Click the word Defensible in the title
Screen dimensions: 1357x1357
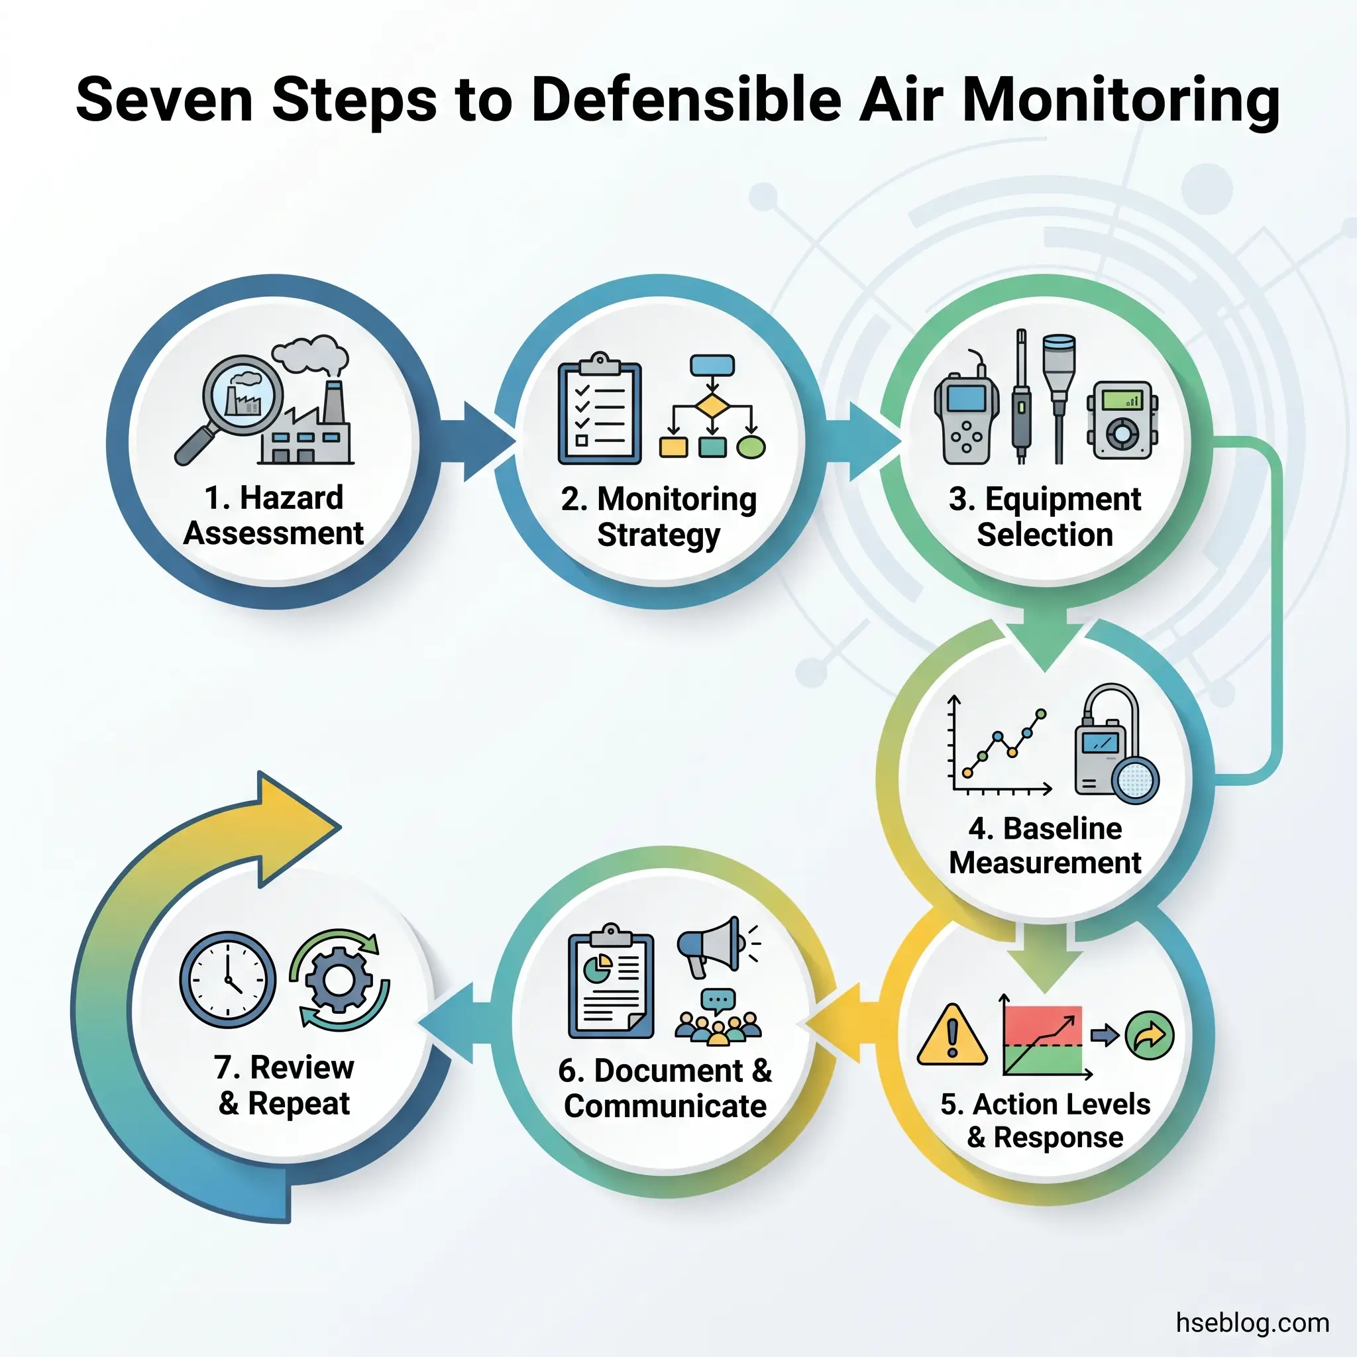pos(686,100)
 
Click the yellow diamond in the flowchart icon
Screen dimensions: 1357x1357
pos(712,406)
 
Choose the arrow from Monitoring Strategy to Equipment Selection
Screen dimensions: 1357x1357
pos(865,441)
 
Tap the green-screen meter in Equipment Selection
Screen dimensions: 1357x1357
pos(1122,421)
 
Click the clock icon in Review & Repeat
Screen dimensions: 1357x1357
pos(227,980)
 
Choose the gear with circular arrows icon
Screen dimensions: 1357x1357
pos(339,980)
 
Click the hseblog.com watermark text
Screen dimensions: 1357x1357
pos(1252,1323)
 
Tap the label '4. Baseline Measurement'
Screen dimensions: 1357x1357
pos(1044,845)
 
